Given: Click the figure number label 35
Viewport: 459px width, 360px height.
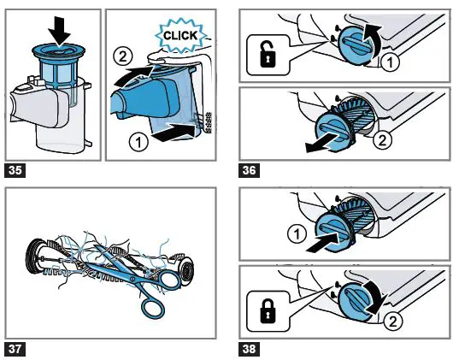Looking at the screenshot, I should pos(15,169).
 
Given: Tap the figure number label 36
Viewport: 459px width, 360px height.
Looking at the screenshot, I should pos(250,169).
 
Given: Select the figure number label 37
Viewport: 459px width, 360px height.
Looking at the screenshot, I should pos(15,348).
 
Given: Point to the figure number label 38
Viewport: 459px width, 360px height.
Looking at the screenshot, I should pos(250,348).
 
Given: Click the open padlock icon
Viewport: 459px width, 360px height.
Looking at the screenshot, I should pos(266,57).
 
